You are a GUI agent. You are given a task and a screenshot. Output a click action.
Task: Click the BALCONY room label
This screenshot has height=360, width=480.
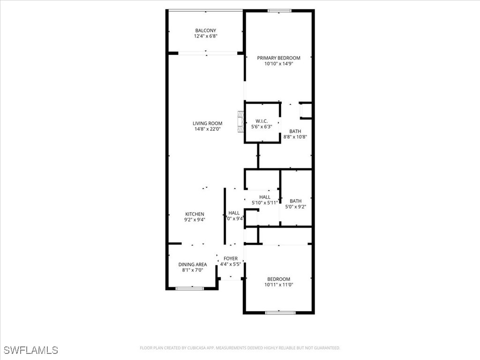[206, 30]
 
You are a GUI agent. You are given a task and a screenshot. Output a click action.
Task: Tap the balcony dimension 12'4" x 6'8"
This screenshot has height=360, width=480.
[206, 36]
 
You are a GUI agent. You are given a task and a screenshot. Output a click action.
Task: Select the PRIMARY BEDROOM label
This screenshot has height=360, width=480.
[278, 58]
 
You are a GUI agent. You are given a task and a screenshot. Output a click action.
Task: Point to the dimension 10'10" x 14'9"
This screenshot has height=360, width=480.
[278, 64]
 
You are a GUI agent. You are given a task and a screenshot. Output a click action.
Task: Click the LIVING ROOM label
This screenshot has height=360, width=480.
[207, 124]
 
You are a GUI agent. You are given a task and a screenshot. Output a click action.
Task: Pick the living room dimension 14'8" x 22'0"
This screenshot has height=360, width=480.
[207, 129]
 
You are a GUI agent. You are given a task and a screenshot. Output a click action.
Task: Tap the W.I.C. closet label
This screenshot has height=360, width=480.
[262, 121]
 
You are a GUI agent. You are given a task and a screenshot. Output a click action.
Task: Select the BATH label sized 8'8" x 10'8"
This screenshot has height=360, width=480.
[295, 132]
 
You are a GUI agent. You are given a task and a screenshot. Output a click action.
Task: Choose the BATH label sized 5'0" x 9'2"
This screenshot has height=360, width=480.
[295, 201]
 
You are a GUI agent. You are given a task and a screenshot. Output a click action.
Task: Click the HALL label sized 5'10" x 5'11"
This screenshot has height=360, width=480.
[265, 197]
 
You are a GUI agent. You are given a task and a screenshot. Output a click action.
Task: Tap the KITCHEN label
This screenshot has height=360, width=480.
[195, 214]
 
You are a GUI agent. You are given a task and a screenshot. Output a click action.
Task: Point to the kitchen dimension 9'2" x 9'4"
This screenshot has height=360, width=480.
[195, 219]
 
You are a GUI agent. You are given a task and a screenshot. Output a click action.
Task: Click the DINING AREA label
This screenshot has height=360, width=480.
[192, 264]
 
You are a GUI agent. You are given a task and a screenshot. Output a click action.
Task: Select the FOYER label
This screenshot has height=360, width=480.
[231, 259]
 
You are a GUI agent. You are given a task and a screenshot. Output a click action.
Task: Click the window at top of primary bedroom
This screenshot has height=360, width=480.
[279, 11]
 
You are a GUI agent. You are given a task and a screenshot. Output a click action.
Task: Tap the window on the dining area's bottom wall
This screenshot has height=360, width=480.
[190, 288]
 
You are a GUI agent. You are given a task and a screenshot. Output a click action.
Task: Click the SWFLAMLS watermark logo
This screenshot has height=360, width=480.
[30, 350]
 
